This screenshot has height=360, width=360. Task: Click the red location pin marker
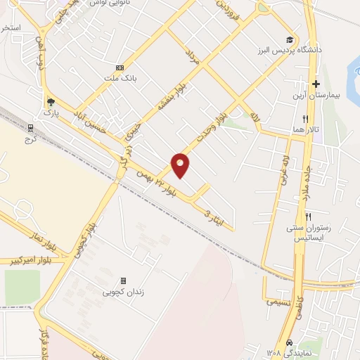[181, 164]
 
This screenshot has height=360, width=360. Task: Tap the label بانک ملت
[119, 78]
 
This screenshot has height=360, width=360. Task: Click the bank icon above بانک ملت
[119, 67]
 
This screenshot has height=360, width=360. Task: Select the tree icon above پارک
[49, 101]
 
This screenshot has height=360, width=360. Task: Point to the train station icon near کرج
[30, 127]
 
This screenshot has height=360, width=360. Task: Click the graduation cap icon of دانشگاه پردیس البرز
[289, 39]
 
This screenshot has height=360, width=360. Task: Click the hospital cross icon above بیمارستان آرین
[316, 84]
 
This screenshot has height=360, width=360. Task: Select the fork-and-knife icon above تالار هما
[305, 119]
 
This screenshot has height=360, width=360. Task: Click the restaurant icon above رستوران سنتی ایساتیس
[308, 216]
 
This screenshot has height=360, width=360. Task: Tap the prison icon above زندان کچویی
[124, 281]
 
